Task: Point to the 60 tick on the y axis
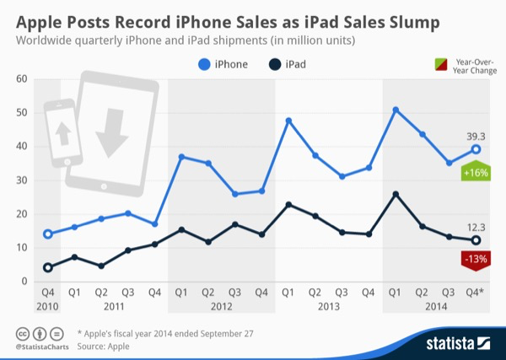point(23,79)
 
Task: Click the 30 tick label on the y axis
point(23,180)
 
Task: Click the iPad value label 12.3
point(476,225)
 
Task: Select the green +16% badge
point(476,172)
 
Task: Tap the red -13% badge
point(476,261)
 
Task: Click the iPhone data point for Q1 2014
point(396,110)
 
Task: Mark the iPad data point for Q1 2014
point(396,194)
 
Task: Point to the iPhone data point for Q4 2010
point(48,234)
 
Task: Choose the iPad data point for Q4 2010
point(48,267)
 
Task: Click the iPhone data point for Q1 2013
point(288,121)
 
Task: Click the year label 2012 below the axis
point(221,306)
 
